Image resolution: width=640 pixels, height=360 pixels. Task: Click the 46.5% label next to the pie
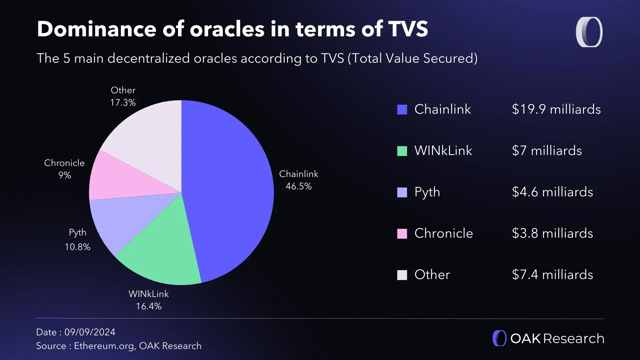(298, 186)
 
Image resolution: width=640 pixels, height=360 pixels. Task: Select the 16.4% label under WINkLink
(149, 306)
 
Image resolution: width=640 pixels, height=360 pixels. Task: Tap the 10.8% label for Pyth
(77, 247)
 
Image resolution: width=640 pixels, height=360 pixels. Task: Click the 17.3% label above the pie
(123, 103)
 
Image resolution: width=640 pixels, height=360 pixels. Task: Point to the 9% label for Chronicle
(65, 175)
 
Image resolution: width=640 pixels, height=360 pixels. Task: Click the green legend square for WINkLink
(402, 151)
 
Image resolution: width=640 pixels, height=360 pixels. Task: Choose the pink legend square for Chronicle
(402, 234)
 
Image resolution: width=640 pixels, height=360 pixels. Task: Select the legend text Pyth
(427, 192)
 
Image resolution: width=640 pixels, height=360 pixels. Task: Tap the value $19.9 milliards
(556, 109)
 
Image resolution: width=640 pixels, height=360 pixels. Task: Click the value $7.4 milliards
(552, 275)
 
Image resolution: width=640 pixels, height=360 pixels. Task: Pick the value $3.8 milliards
(552, 233)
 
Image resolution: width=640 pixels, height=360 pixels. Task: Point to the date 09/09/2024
(90, 332)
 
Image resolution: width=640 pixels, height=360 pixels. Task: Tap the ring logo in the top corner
(589, 32)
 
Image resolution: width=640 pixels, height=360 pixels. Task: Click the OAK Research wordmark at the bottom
(557, 339)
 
